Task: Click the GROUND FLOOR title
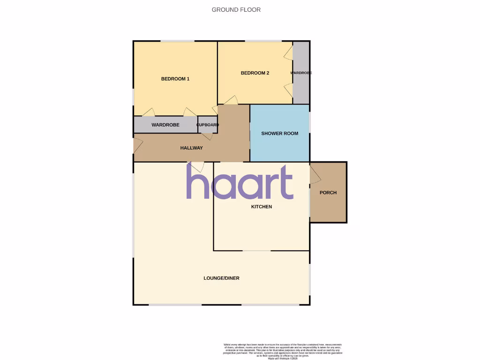pyautogui.click(x=236, y=9)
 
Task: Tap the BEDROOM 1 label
pyautogui.click(x=175, y=79)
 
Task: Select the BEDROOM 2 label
pyautogui.click(x=255, y=73)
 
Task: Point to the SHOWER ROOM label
pyautogui.click(x=280, y=134)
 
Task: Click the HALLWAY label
pyautogui.click(x=192, y=148)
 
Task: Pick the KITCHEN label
pyautogui.click(x=262, y=207)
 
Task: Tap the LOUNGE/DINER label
pyautogui.click(x=221, y=278)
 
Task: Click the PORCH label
pyautogui.click(x=328, y=193)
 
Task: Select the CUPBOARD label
pyautogui.click(x=207, y=125)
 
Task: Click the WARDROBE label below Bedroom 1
pyautogui.click(x=165, y=125)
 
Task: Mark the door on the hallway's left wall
pyautogui.click(x=138, y=145)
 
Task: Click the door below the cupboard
pyautogui.click(x=207, y=136)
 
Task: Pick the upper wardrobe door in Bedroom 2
pyautogui.click(x=288, y=52)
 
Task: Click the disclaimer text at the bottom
pyautogui.click(x=282, y=351)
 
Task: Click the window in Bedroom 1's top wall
pyautogui.click(x=178, y=42)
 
